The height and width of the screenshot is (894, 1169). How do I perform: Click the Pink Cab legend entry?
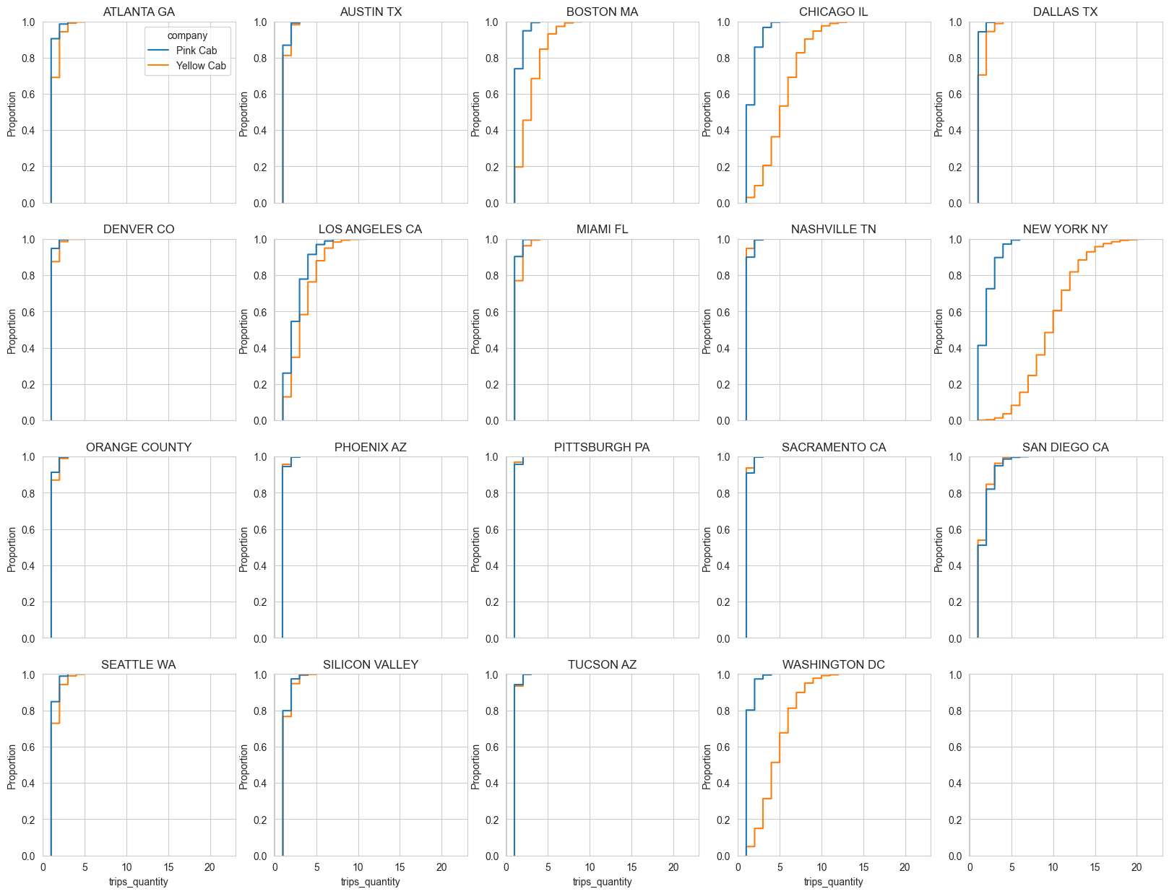click(x=196, y=51)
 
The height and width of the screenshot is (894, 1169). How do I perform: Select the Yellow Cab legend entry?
click(x=201, y=66)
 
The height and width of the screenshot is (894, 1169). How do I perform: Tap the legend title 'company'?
click(x=187, y=35)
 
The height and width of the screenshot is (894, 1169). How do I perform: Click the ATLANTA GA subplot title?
click(x=139, y=12)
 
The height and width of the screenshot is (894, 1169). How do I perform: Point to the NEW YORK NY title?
click(x=1065, y=229)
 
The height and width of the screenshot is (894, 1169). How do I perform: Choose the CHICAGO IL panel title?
click(x=833, y=12)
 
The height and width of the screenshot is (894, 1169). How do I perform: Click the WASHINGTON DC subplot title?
click(x=833, y=664)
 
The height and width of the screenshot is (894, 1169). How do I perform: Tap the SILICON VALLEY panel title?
click(x=370, y=664)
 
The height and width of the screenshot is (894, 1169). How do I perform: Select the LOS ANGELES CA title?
click(x=370, y=229)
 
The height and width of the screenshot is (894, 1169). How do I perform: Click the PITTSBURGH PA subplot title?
click(x=602, y=447)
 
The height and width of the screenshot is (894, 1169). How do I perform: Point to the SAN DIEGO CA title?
click(x=1065, y=447)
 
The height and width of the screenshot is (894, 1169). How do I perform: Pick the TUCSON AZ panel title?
click(x=602, y=664)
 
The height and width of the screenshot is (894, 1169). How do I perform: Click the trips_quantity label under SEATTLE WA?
click(x=139, y=882)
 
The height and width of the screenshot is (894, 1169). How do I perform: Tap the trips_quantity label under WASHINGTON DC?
click(x=833, y=882)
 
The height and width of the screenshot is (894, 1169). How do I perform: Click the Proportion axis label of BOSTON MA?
click(x=475, y=113)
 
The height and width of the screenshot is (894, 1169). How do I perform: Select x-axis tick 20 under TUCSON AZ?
click(x=673, y=867)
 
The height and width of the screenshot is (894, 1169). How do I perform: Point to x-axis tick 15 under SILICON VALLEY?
click(x=400, y=867)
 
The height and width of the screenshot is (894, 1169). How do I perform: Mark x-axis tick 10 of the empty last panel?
click(x=1053, y=867)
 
